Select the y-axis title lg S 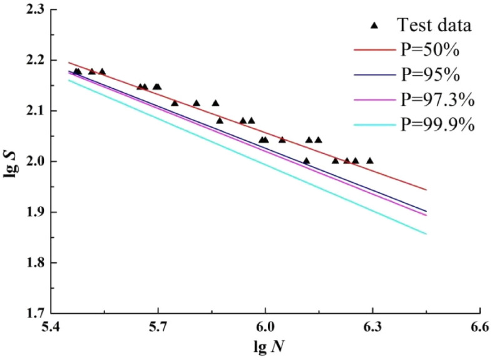click(10, 162)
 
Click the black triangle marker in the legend click(374, 25)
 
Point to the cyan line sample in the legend click(374, 125)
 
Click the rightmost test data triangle click(369, 161)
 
